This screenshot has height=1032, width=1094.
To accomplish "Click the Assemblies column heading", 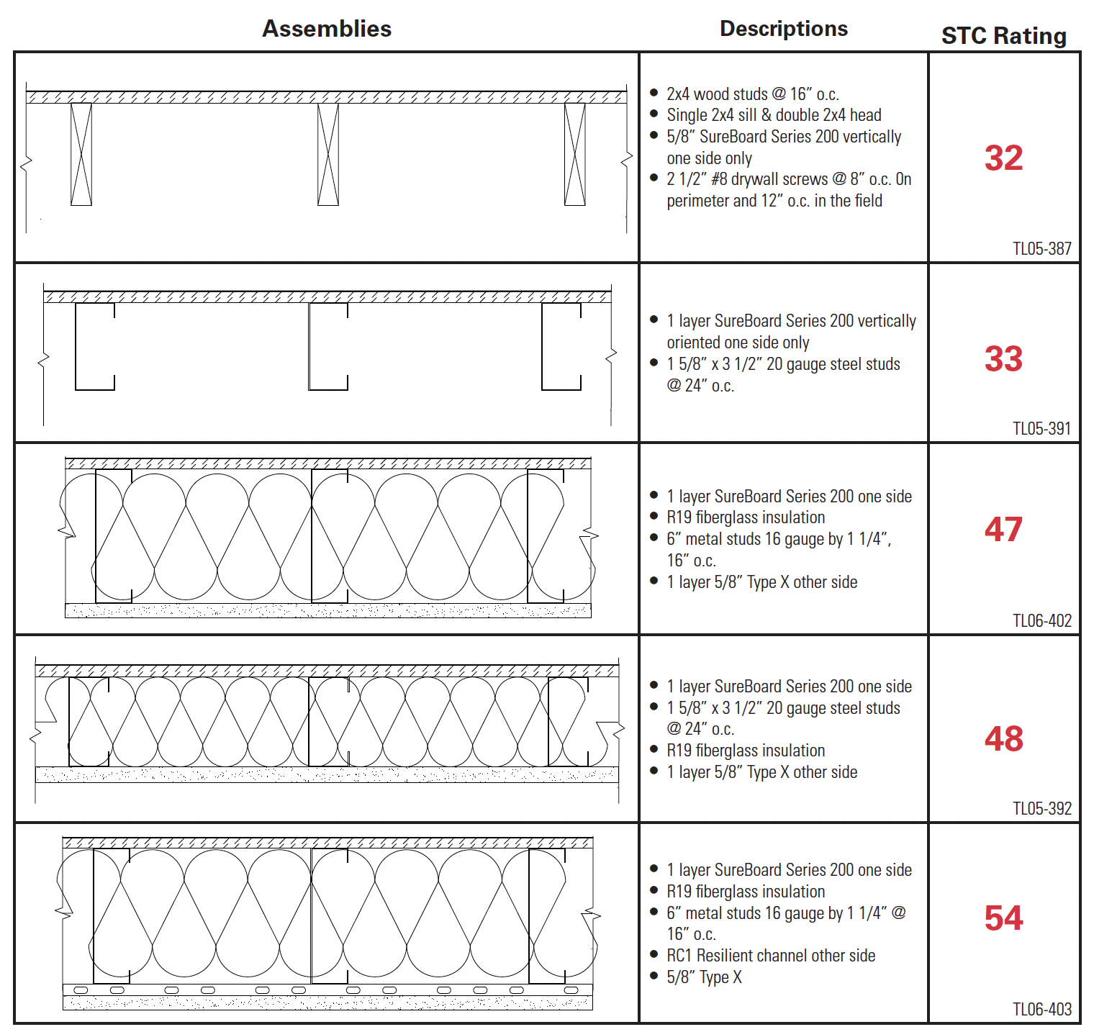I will click(327, 29).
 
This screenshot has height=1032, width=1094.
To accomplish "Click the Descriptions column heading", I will click(784, 29).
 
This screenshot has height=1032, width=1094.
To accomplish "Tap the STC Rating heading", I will click(1003, 36).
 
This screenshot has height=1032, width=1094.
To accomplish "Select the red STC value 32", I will click(1003, 158).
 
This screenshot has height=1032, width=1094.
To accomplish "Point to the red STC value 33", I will click(1003, 358).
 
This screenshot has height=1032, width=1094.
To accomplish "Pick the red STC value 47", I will click(1003, 530).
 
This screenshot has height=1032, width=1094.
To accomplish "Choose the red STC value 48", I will click(1003, 739).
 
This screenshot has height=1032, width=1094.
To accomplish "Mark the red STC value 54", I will click(1003, 918).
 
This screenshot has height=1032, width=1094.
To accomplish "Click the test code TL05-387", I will click(1041, 249).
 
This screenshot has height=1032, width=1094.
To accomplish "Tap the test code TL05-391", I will click(1041, 429).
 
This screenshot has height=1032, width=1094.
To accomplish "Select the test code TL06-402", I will click(1041, 621).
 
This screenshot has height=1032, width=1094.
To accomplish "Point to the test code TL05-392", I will click(1041, 809).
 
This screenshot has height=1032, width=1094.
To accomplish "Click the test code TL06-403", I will click(1041, 1010).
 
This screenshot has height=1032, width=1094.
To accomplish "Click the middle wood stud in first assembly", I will click(328, 154).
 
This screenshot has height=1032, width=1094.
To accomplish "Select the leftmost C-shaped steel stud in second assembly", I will click(94, 347).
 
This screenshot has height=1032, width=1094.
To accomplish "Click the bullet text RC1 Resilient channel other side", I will click(770, 956).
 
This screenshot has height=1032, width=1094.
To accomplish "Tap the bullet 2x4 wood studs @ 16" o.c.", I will click(752, 94).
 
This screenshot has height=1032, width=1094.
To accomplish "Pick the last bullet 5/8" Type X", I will click(704, 977).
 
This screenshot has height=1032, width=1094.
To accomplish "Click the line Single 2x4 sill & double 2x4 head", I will click(774, 115).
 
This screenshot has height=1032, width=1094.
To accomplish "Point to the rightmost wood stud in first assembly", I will click(575, 154).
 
